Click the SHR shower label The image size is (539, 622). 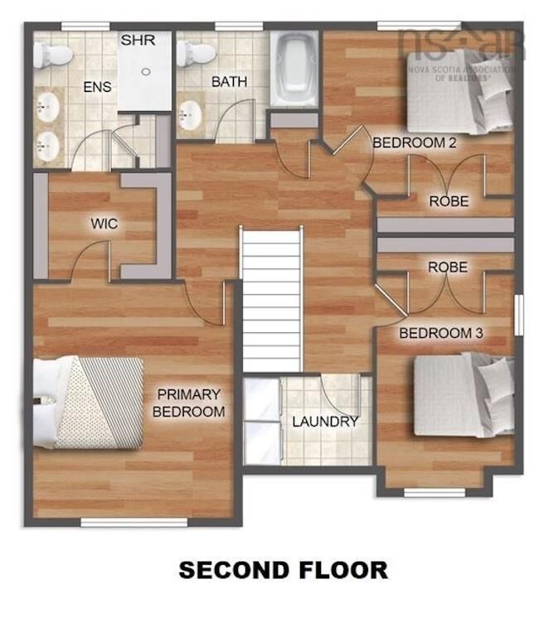pyautogui.click(x=138, y=40)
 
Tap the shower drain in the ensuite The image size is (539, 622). pyautogui.click(x=146, y=72)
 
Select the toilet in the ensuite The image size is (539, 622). pyautogui.click(x=51, y=55)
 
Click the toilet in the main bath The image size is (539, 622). pyautogui.click(x=196, y=53)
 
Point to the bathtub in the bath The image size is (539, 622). pyautogui.click(x=294, y=69)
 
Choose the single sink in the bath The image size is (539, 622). pyautogui.click(x=189, y=115)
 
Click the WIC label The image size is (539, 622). pyautogui.click(x=104, y=224)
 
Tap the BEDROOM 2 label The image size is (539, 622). pyautogui.click(x=415, y=142)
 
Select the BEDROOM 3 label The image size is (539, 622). pyautogui.click(x=441, y=333)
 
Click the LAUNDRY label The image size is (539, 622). pyautogui.click(x=325, y=422)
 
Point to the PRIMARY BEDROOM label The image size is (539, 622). pyautogui.click(x=189, y=403)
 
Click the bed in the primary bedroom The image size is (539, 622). pyautogui.click(x=88, y=403)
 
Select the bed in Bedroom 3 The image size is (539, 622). pyautogui.click(x=464, y=395)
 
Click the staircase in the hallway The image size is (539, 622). pyautogui.click(x=272, y=301)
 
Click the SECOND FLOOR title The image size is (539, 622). pyautogui.click(x=284, y=570)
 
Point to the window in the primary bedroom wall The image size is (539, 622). pyautogui.click(x=134, y=523)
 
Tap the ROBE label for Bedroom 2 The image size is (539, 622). pyautogui.click(x=449, y=201)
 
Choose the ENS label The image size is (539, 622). pyautogui.click(x=97, y=87)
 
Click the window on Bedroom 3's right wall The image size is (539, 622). pyautogui.click(x=519, y=315)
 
